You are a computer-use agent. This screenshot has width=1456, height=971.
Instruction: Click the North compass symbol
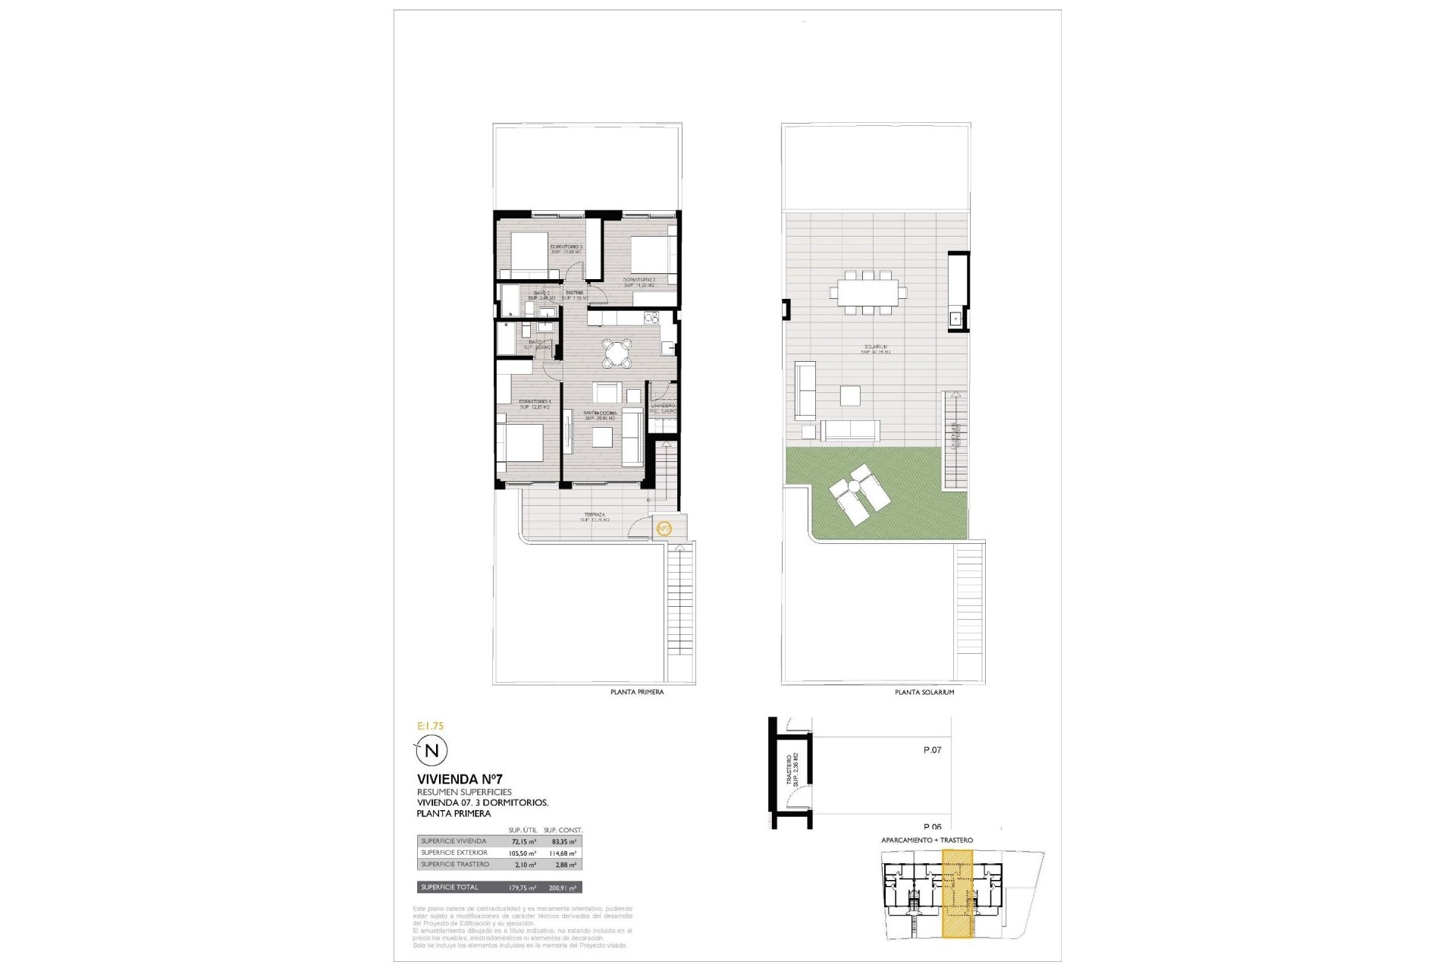pos(431,751)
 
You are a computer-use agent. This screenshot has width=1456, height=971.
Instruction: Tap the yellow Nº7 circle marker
pos(664,528)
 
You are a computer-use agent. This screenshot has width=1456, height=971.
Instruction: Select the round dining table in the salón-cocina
pos(617,353)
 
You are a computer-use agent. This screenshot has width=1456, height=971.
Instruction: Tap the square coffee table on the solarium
pos(850,396)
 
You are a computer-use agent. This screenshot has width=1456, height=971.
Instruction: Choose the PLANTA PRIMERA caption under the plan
pos(637,692)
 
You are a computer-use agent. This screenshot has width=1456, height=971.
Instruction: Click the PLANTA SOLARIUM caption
pos(924,692)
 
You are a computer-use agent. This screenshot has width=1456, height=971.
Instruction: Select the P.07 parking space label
pos(932,750)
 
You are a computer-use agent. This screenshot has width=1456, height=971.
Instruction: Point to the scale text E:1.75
pos(430,726)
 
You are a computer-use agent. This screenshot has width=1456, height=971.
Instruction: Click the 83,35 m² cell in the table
pos(563,842)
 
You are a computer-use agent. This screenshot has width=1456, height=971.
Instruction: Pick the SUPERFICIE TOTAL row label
pos(450,888)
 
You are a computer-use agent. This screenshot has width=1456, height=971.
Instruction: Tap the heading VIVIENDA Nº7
pos(460,779)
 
